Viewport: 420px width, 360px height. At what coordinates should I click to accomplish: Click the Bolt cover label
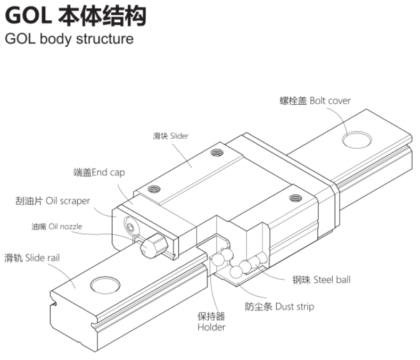(x=315, y=101)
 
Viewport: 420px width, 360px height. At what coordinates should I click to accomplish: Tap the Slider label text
(x=171, y=136)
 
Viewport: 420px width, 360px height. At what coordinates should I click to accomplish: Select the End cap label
(x=99, y=172)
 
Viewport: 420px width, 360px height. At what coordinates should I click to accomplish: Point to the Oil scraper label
(x=53, y=201)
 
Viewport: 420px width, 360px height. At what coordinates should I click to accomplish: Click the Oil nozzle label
(x=57, y=227)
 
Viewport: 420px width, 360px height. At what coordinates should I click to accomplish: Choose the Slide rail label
(x=32, y=258)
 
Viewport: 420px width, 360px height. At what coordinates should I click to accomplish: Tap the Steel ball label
(x=322, y=280)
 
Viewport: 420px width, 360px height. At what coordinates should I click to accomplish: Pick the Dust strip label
(x=279, y=306)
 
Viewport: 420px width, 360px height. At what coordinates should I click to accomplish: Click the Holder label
(x=211, y=322)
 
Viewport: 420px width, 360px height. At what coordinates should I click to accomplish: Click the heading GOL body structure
(x=69, y=39)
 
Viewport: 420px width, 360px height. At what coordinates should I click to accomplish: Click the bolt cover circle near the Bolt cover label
(x=357, y=139)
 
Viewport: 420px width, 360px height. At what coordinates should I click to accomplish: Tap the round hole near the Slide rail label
(x=105, y=285)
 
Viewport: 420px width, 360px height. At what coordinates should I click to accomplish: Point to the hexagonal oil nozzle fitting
(x=154, y=246)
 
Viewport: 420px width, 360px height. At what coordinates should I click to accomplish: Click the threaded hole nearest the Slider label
(x=217, y=153)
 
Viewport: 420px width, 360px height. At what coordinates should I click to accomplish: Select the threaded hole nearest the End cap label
(x=154, y=189)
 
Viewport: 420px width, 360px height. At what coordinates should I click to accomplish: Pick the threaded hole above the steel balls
(x=295, y=198)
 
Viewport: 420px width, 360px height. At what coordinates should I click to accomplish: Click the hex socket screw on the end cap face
(x=131, y=228)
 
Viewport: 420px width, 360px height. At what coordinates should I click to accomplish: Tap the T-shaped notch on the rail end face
(x=54, y=303)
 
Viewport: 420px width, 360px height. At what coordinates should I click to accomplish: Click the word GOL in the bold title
(x=28, y=16)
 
